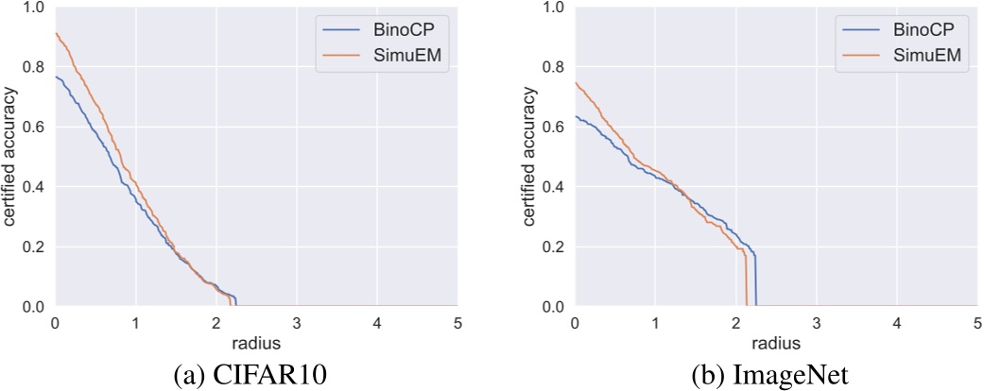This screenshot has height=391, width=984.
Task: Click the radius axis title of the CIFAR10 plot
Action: pyautogui.click(x=256, y=341)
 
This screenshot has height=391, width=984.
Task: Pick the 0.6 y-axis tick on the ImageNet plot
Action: pyautogui.click(x=554, y=127)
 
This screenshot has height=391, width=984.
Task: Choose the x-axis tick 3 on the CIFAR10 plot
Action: pyautogui.click(x=297, y=322)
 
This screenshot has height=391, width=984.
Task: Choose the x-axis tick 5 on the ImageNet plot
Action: pyautogui.click(x=976, y=322)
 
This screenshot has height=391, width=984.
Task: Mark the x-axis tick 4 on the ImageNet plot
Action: pyautogui.click(x=896, y=322)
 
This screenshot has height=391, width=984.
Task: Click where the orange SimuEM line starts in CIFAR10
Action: pyautogui.click(x=56, y=34)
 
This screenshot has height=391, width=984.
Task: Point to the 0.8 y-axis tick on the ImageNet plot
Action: pyautogui.click(x=554, y=67)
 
